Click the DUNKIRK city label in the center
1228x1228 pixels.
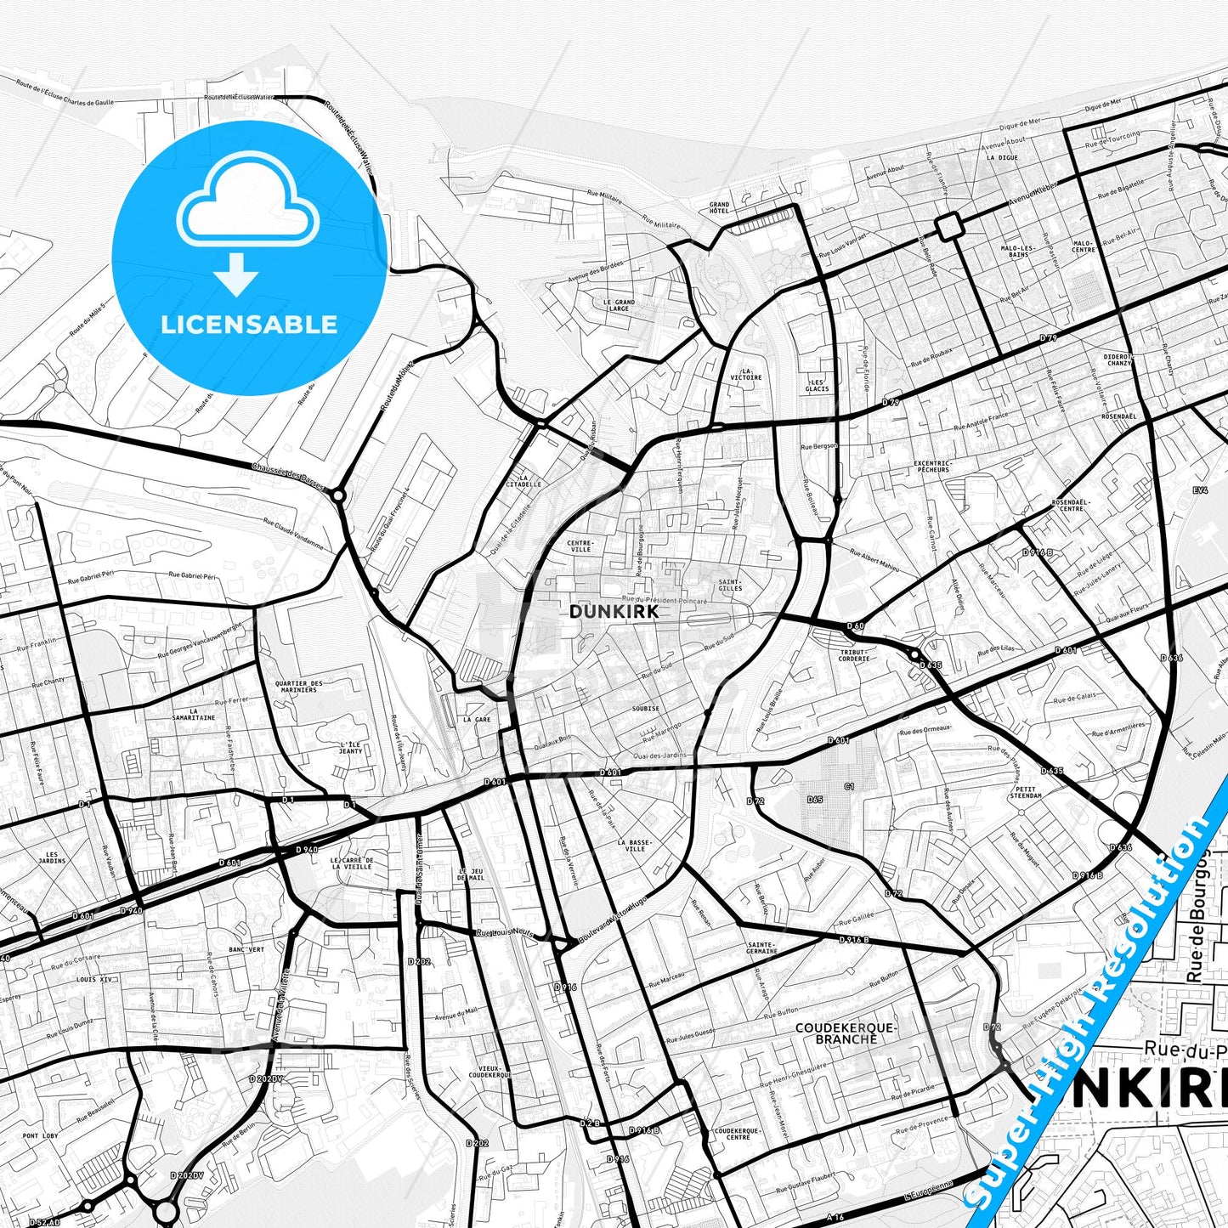[602, 611]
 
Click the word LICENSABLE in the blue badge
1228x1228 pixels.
[249, 324]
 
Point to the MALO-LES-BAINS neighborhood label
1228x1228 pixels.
[1018, 251]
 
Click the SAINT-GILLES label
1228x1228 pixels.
[729, 584]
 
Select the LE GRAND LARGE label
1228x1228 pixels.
[619, 305]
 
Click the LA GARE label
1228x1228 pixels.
[477, 720]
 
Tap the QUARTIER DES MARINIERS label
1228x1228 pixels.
[298, 686]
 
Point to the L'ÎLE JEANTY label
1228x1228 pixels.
[350, 747]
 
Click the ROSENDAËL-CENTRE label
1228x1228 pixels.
[1070, 505]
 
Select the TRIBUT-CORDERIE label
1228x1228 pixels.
[853, 655]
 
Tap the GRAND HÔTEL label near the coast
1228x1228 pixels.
[719, 208]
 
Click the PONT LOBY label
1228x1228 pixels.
[40, 1136]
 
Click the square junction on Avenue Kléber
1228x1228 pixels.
[948, 226]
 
